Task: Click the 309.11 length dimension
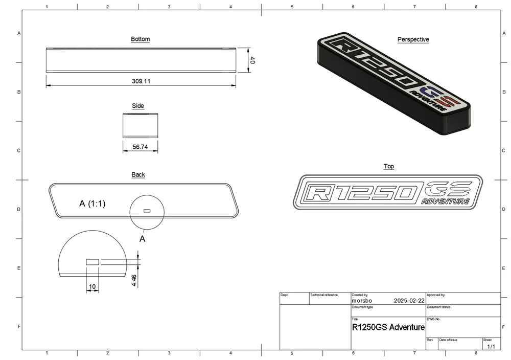pyautogui.click(x=141, y=81)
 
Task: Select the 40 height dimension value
pyautogui.click(x=252, y=60)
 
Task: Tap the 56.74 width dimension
pyautogui.click(x=140, y=147)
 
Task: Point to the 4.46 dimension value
pyautogui.click(x=134, y=280)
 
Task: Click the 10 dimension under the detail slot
pyautogui.click(x=92, y=287)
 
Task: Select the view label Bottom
pyautogui.click(x=141, y=39)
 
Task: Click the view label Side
pyautogui.click(x=138, y=106)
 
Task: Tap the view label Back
pyautogui.click(x=138, y=174)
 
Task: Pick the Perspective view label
pyautogui.click(x=413, y=39)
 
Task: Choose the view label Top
pyautogui.click(x=389, y=166)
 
